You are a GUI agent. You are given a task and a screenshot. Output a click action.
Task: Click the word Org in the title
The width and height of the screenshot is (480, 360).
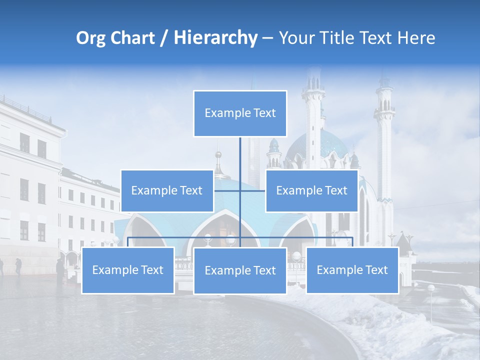point(90,38)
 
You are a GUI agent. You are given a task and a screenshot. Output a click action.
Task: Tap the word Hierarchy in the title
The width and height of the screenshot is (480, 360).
point(215,38)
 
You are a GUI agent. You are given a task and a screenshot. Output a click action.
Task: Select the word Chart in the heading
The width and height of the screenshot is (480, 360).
point(132,38)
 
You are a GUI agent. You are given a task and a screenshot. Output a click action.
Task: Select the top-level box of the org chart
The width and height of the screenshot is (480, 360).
point(240,113)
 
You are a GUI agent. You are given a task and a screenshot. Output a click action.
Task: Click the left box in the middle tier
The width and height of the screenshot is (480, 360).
point(167,190)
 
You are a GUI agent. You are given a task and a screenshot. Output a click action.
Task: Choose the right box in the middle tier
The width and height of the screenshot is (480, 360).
point(311,190)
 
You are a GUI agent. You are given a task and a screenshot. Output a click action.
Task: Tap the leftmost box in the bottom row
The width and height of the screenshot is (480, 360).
point(128,270)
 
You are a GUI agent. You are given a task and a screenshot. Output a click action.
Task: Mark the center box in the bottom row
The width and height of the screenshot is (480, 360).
point(240,270)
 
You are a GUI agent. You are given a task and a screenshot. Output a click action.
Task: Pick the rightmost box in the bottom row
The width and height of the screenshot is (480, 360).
point(352,270)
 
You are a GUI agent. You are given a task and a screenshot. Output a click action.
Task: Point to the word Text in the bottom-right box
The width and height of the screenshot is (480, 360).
point(375,270)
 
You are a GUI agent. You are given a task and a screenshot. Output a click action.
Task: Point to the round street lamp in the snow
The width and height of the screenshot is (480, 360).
point(431,288)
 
